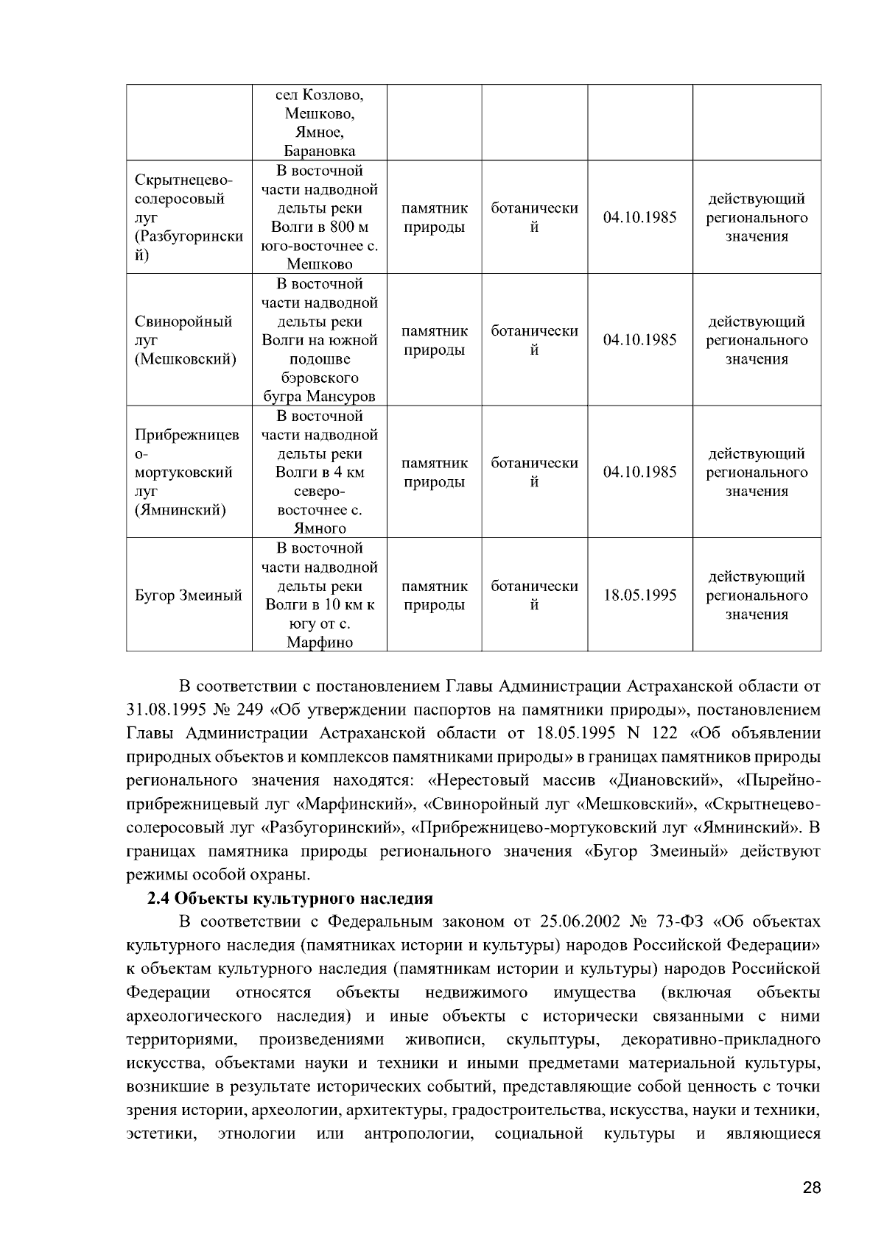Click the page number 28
811,1189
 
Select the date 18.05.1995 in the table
639,595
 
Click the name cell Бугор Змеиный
189,595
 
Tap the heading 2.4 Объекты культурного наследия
290,899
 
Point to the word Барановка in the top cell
319,151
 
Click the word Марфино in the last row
319,642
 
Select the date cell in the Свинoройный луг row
639,340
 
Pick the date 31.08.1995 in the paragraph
163,710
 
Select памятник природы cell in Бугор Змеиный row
435,595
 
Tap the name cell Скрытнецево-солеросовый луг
189,218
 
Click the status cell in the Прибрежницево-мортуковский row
757,473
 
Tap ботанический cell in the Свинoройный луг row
534,340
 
